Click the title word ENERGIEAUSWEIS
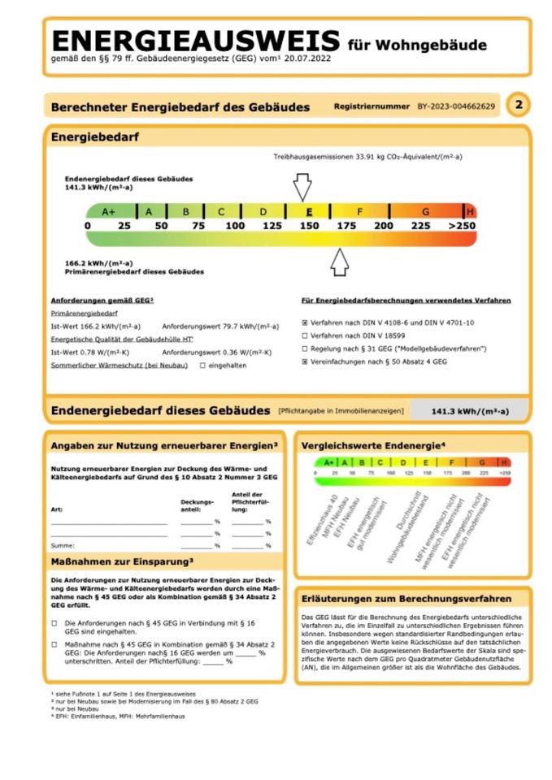tap(195, 41)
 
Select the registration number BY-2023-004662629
tap(456, 106)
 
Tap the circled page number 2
tap(518, 105)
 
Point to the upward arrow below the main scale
tap(340, 262)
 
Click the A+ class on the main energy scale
tap(110, 211)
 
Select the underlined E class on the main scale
tap(310, 211)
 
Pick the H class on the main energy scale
tap(469, 211)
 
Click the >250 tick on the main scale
tap(462, 225)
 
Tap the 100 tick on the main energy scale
tap(235, 225)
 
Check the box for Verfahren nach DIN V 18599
tap(305, 336)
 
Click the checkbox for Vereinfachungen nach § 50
tap(305, 362)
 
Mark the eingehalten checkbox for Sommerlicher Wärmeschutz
tap(203, 366)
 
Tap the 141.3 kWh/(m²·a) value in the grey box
tap(470, 412)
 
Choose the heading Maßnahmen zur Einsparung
tap(122, 561)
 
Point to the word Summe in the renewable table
tap(63, 545)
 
